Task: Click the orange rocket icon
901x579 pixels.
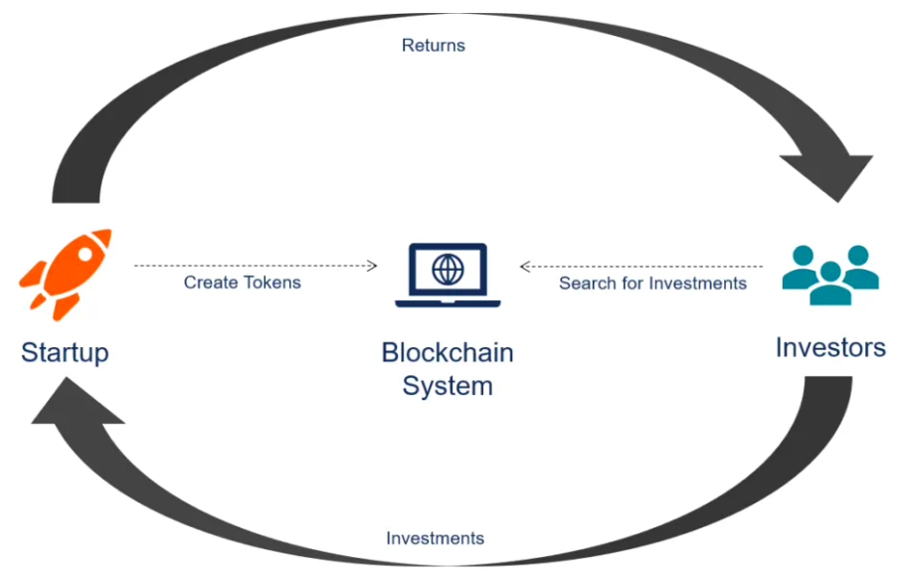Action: coord(66,272)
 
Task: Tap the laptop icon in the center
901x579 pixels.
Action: coord(447,275)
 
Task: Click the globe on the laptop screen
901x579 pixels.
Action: coord(448,268)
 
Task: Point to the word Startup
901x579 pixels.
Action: coord(65,351)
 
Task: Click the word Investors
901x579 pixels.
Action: coord(830,348)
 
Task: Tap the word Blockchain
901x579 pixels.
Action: coord(448,352)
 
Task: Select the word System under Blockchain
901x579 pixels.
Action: coord(448,385)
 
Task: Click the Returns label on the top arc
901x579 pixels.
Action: coord(434,46)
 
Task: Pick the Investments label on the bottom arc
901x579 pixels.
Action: coord(435,538)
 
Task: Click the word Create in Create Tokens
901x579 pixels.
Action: coord(210,283)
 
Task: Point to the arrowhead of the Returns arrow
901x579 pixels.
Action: coord(833,171)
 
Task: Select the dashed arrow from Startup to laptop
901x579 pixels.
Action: coord(256,266)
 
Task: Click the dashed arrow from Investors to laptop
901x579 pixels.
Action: coord(641,266)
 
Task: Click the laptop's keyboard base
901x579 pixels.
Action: coord(447,301)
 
